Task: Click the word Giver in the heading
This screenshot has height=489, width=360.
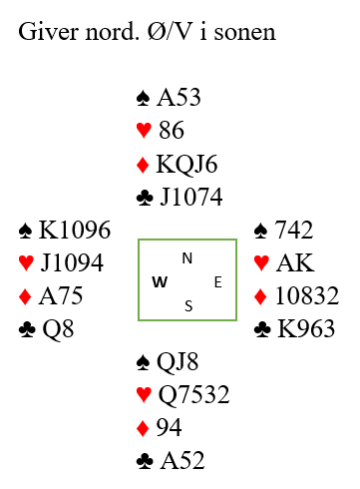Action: [49, 32]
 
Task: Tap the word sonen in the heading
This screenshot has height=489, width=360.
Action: [244, 33]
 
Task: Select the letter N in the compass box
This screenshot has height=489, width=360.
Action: [187, 258]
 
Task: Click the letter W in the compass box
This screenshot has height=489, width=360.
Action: [160, 282]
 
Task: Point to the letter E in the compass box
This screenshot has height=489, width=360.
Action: [217, 282]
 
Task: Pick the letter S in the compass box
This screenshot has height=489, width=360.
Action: [188, 306]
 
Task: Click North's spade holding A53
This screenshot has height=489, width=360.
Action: [180, 98]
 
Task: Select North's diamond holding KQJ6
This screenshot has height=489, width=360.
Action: [186, 164]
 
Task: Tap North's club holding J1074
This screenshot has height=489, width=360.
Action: [191, 197]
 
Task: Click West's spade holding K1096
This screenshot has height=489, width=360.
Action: [75, 230]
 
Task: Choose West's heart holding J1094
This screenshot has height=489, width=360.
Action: [72, 262]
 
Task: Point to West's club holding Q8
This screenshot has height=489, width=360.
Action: [58, 329]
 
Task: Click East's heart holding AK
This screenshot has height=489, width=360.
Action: [295, 262]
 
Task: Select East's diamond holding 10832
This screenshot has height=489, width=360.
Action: [307, 295]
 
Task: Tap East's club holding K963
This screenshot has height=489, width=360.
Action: [306, 329]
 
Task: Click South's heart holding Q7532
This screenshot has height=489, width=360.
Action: [193, 394]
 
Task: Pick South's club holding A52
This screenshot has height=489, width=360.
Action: [182, 461]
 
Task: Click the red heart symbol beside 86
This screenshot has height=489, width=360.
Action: [144, 130]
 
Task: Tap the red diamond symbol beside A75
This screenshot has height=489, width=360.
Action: [25, 296]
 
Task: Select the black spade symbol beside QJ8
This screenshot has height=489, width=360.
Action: [143, 362]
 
